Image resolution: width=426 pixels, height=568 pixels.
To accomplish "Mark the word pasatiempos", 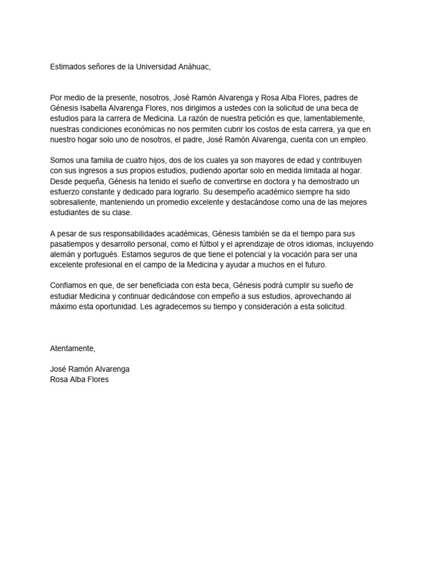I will coord(73,244).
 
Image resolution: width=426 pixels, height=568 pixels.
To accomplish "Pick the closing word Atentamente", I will coord(73,348).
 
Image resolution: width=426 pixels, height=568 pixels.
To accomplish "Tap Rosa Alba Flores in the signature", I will coord(79,380).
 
